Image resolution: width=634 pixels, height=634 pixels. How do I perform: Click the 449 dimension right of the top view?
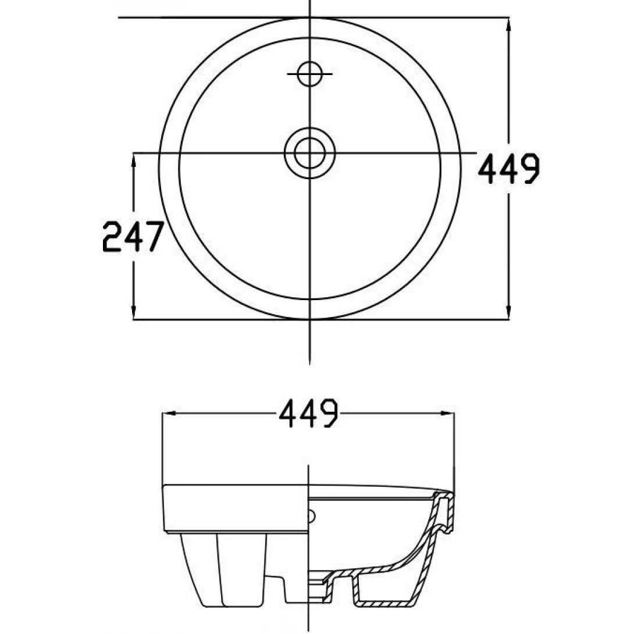click(508, 169)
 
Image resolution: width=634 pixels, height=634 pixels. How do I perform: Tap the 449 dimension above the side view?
click(308, 414)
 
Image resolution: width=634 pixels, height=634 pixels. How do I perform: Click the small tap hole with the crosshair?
click(309, 74)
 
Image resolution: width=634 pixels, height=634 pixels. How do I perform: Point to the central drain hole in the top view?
click(309, 153)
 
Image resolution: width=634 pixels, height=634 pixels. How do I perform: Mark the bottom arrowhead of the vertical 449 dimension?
click(509, 313)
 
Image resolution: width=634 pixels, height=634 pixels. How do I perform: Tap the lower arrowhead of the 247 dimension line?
click(134, 312)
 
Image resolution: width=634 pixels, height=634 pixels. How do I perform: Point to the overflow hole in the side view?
click(312, 515)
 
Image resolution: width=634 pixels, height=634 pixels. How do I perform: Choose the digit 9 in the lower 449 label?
click(327, 414)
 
